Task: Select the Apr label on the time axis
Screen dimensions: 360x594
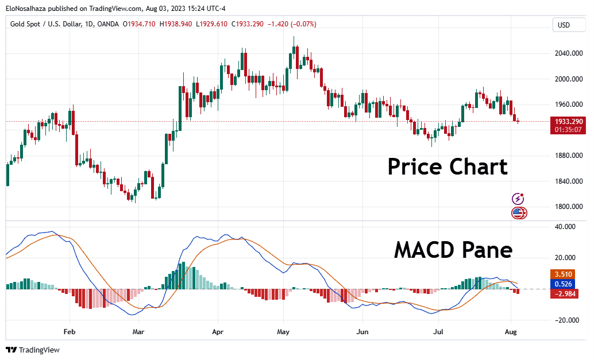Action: (217, 331)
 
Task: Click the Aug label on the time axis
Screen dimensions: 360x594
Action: (511, 331)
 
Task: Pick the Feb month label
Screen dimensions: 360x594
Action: (69, 331)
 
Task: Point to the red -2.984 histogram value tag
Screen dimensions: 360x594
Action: (566, 294)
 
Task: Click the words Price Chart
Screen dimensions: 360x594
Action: (448, 167)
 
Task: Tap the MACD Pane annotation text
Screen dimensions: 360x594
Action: (453, 250)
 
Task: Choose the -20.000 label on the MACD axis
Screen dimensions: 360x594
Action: (567, 320)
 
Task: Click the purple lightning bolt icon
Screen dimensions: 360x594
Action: (518, 199)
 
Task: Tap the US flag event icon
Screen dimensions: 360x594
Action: (519, 213)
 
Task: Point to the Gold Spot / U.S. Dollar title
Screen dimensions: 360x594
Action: (51, 24)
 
